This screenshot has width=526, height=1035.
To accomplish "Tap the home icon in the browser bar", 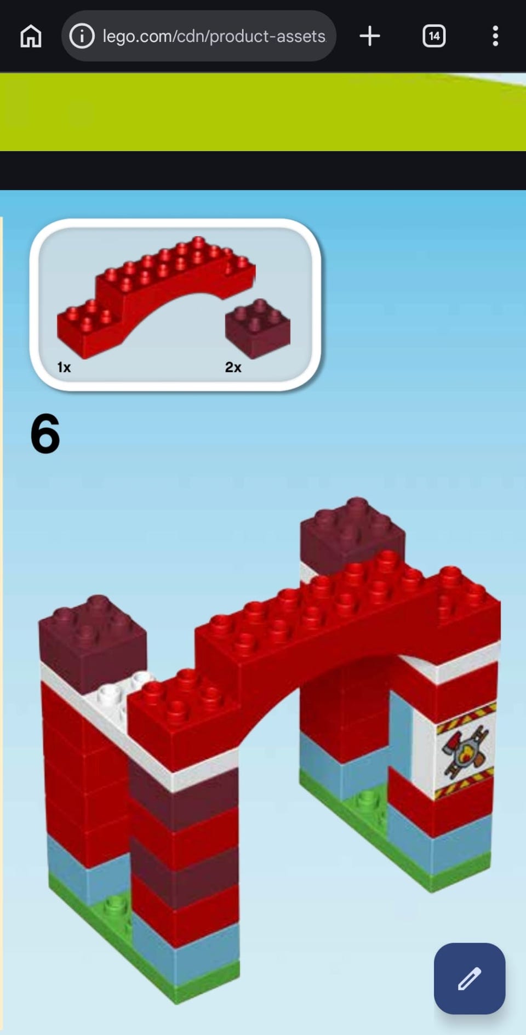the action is pos(31,36).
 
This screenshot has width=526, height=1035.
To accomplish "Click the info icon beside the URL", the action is pos(82,36).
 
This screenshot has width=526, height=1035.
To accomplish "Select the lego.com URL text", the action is pos(214,36).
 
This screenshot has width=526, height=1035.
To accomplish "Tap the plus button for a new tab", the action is pos(370,36).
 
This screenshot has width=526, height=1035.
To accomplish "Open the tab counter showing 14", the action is pos(434,36).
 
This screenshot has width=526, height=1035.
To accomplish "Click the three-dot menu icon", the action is pos(495,36).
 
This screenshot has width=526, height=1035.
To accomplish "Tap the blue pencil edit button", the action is pos(470,978).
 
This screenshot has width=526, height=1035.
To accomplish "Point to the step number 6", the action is pos(45,434).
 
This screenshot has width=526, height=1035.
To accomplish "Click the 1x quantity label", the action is pos(64,367).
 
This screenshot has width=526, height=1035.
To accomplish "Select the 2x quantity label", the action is pos(233,367).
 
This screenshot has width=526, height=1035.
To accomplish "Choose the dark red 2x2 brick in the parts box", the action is pos(258,329).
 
